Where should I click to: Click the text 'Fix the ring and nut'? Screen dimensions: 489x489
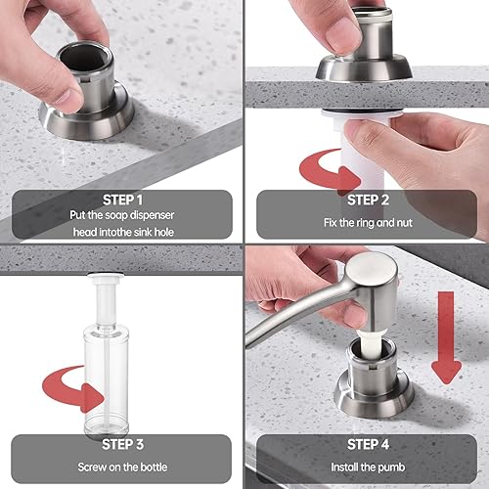click(366, 223)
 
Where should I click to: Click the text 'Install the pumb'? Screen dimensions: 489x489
click(366, 467)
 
